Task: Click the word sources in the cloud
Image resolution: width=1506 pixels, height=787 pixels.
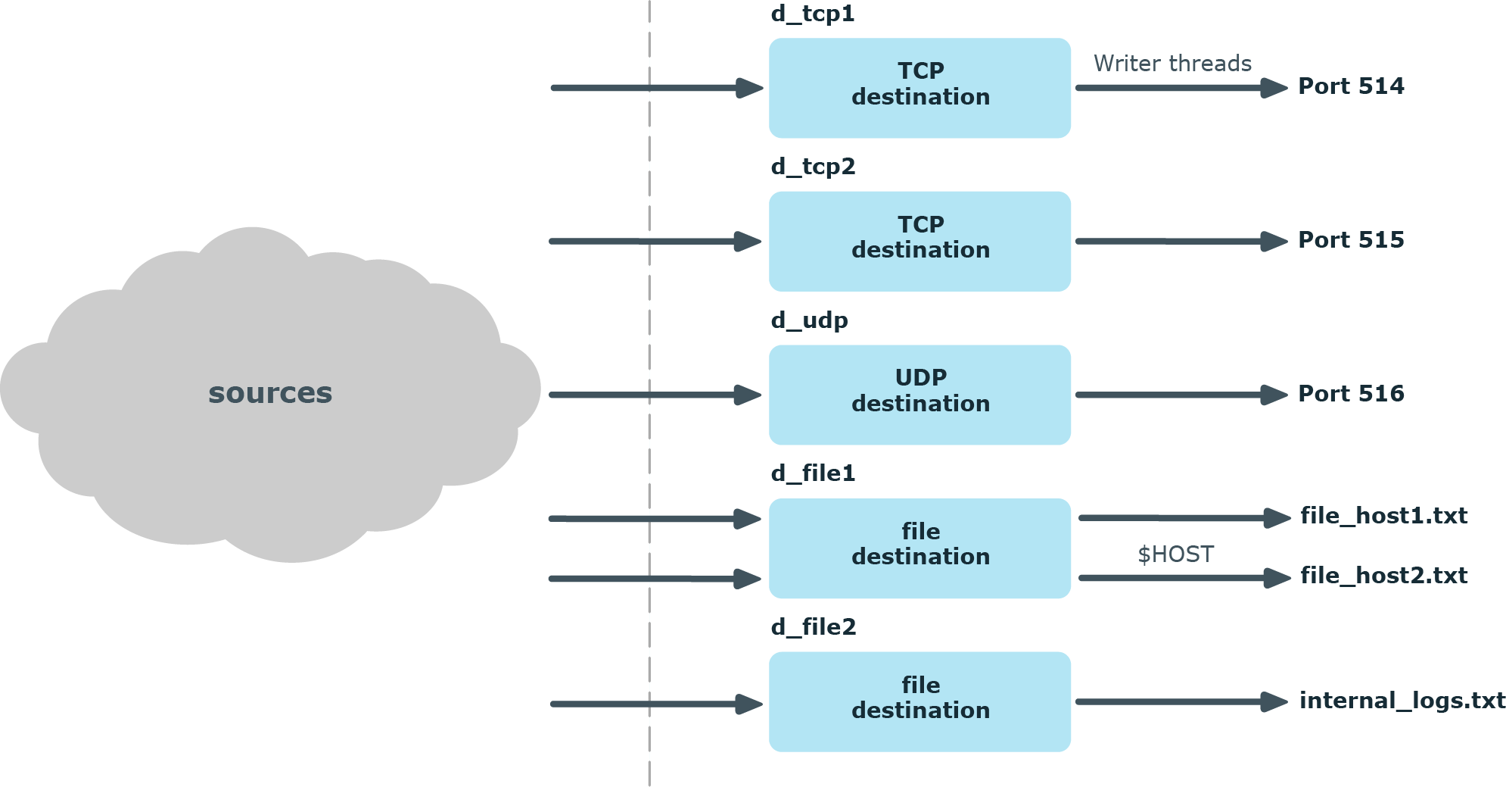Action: (270, 393)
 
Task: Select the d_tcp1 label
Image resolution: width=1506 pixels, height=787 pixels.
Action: (813, 14)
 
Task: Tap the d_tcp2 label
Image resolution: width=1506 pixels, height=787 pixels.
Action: (813, 167)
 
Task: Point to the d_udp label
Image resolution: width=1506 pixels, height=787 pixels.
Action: (809, 320)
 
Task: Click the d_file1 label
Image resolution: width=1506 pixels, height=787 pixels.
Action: (813, 473)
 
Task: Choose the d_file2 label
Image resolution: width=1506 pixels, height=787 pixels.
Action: (814, 627)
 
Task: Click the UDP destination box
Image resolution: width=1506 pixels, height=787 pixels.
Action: (919, 395)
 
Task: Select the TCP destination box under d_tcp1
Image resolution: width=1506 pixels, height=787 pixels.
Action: (919, 88)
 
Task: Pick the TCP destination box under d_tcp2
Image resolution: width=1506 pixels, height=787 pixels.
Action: (919, 241)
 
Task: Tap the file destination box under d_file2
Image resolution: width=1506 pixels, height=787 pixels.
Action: (919, 701)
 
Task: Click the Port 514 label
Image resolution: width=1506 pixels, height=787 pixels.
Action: (1351, 86)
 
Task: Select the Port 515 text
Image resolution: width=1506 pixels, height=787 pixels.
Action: (1351, 240)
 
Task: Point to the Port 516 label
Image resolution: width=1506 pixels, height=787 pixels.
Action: (1351, 394)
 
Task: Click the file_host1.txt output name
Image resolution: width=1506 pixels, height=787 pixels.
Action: (1383, 516)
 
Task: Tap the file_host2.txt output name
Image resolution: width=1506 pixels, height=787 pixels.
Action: (1383, 576)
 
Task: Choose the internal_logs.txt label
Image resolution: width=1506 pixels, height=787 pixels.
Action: (1402, 701)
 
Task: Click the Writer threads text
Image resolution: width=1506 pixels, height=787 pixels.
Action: (1172, 64)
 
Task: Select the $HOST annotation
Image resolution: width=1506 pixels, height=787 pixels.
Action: (1175, 554)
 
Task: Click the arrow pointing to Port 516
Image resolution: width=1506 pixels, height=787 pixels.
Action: (1181, 395)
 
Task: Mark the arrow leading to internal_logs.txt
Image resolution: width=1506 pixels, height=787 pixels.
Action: (1181, 702)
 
